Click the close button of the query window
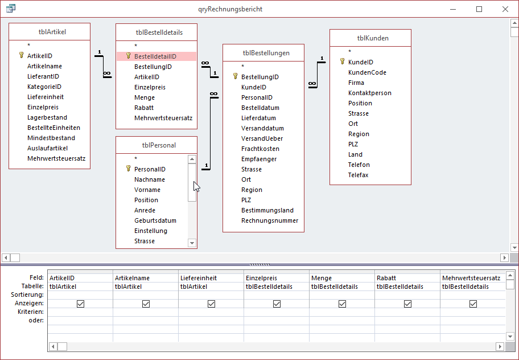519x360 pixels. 505,9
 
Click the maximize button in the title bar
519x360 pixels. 479,9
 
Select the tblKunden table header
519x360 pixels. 370,38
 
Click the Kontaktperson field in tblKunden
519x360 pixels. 369,93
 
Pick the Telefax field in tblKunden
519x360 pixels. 358,175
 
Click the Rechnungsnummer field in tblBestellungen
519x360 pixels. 269,220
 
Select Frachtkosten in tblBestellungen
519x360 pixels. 259,149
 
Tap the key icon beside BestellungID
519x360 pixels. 235,76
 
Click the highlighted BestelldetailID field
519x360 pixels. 155,56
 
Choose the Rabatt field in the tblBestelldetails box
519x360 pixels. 143,108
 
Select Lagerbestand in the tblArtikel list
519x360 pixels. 47,117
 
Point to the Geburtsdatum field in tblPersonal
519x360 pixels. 155,220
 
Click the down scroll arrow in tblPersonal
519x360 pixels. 192,243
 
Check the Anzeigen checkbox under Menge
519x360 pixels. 342,304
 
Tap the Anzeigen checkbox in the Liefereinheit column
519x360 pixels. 211,304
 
